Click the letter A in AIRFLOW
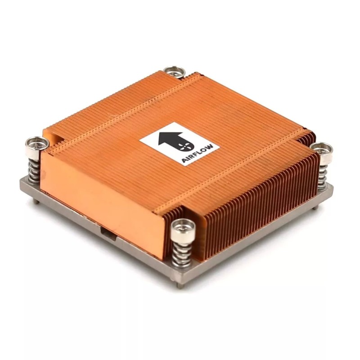[184, 160]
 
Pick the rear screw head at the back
[174, 72]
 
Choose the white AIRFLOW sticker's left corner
[140, 142]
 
